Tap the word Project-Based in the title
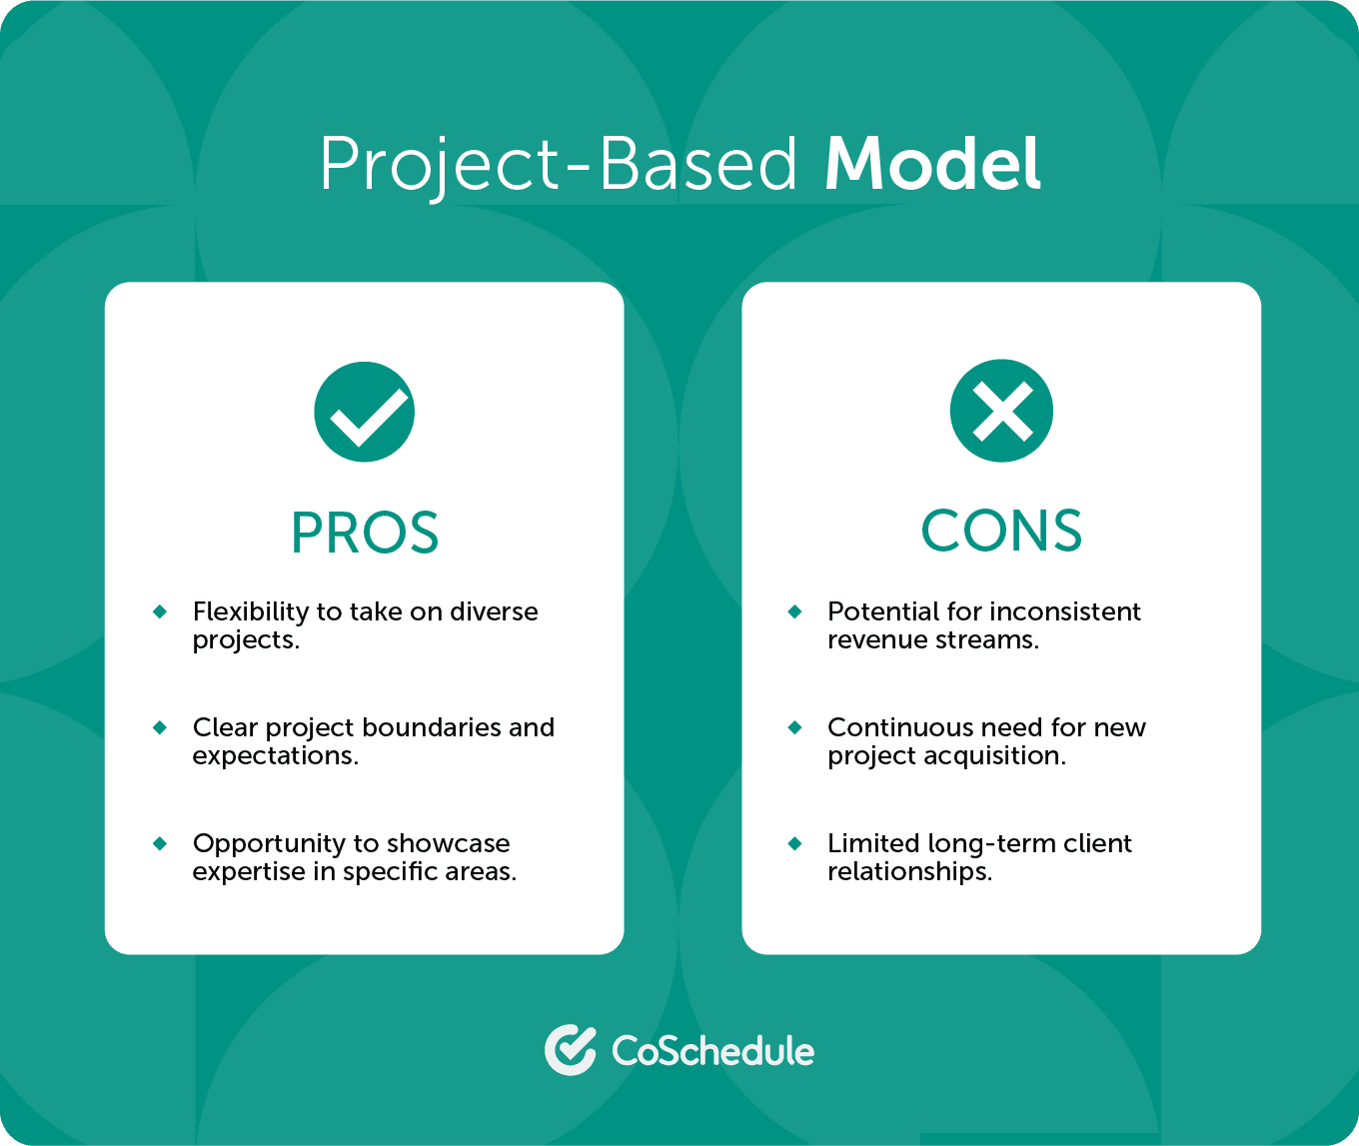tap(559, 165)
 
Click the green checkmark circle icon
tap(364, 412)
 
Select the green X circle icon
tap(1001, 411)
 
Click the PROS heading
tap(365, 533)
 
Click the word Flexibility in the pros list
tap(250, 611)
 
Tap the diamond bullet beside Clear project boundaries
tap(160, 727)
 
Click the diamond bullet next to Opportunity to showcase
tap(160, 843)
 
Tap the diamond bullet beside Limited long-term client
tap(795, 843)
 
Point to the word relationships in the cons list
tap(909, 871)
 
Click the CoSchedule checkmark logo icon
tap(571, 1050)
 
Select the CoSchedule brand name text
tap(712, 1051)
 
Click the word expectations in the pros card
tap(275, 756)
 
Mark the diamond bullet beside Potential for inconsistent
tap(795, 611)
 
